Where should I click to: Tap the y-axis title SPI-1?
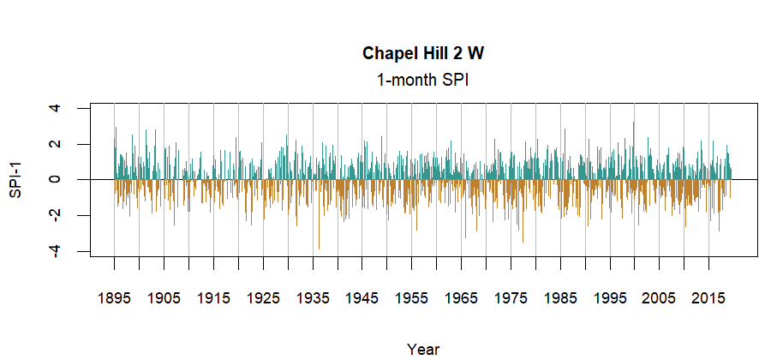click(x=15, y=179)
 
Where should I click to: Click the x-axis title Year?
click(x=423, y=349)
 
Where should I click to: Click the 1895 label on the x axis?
click(x=114, y=298)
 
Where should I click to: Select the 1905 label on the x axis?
click(x=164, y=298)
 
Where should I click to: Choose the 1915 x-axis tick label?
click(x=213, y=298)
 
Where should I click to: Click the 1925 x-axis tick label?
click(x=263, y=298)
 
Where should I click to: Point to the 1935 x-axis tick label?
click(x=313, y=298)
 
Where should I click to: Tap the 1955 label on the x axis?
click(x=411, y=298)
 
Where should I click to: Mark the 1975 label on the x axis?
click(x=511, y=298)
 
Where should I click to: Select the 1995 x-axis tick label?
click(x=610, y=298)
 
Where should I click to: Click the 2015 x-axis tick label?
click(x=708, y=298)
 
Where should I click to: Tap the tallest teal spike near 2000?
click(x=634, y=125)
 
